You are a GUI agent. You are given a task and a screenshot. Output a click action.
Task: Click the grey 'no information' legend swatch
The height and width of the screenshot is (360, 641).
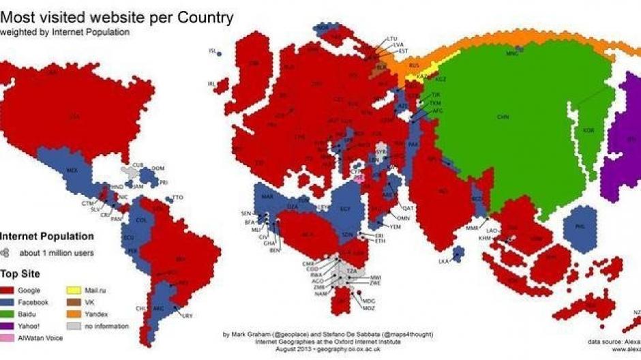click(75, 326)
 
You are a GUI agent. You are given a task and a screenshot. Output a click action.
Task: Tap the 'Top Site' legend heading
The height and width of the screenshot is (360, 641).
click(20, 273)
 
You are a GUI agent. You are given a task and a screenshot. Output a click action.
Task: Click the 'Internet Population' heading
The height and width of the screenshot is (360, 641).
click(46, 237)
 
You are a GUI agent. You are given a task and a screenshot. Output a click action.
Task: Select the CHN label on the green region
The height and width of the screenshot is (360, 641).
click(503, 117)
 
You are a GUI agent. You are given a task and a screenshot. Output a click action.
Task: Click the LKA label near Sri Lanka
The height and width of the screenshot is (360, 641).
click(445, 261)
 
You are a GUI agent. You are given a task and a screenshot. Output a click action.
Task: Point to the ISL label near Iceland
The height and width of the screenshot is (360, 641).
click(211, 50)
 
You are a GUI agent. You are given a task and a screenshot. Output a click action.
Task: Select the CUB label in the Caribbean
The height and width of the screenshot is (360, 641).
click(139, 164)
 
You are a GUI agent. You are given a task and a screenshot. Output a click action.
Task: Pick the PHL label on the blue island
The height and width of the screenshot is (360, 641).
click(581, 226)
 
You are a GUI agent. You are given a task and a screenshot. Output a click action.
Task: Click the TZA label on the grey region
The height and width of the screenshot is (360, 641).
click(352, 271)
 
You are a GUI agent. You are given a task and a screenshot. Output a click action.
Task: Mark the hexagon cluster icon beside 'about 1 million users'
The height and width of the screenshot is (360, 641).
click(7, 253)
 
